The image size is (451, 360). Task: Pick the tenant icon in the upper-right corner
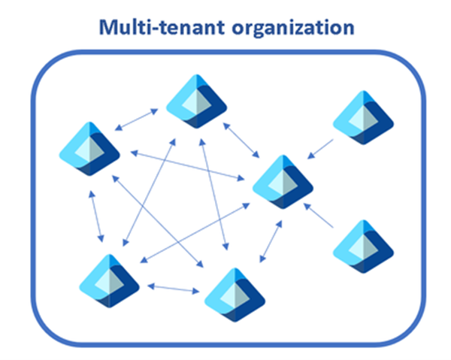[362, 116]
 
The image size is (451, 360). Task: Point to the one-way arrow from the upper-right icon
[321, 148]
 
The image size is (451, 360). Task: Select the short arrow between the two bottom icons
[174, 288]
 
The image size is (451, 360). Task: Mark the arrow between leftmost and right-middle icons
[188, 165]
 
